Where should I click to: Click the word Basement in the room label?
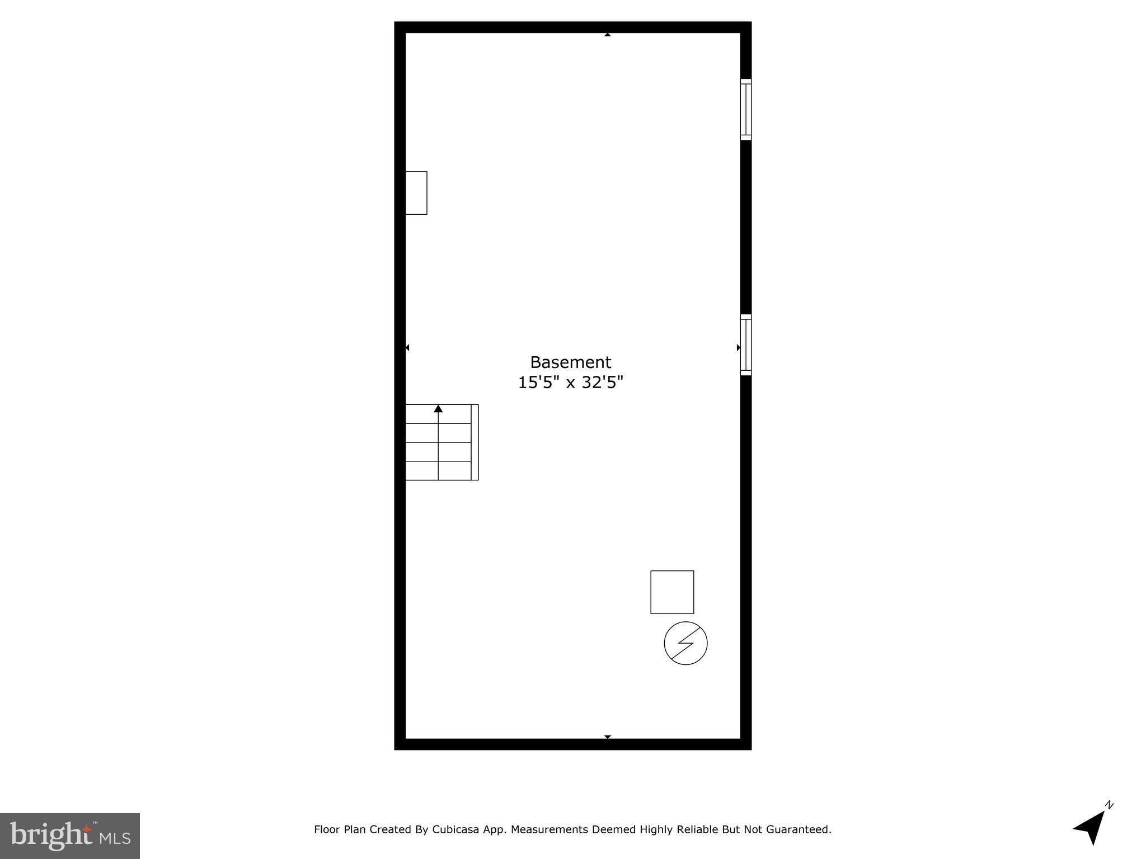click(570, 362)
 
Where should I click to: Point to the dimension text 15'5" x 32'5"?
click(570, 383)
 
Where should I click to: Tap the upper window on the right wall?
click(745, 109)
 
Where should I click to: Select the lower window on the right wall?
click(745, 344)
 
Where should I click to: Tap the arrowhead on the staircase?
click(438, 409)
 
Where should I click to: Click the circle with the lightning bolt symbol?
click(685, 643)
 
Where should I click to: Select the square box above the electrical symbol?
click(672, 592)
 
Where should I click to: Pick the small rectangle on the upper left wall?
click(416, 193)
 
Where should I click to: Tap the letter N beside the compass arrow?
click(1109, 805)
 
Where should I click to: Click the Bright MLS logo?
click(69, 836)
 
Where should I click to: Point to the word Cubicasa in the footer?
click(455, 830)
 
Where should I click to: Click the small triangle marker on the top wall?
click(607, 35)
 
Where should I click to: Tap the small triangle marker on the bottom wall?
click(607, 737)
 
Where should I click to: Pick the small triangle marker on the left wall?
click(407, 348)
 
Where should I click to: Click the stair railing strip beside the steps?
click(475, 442)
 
